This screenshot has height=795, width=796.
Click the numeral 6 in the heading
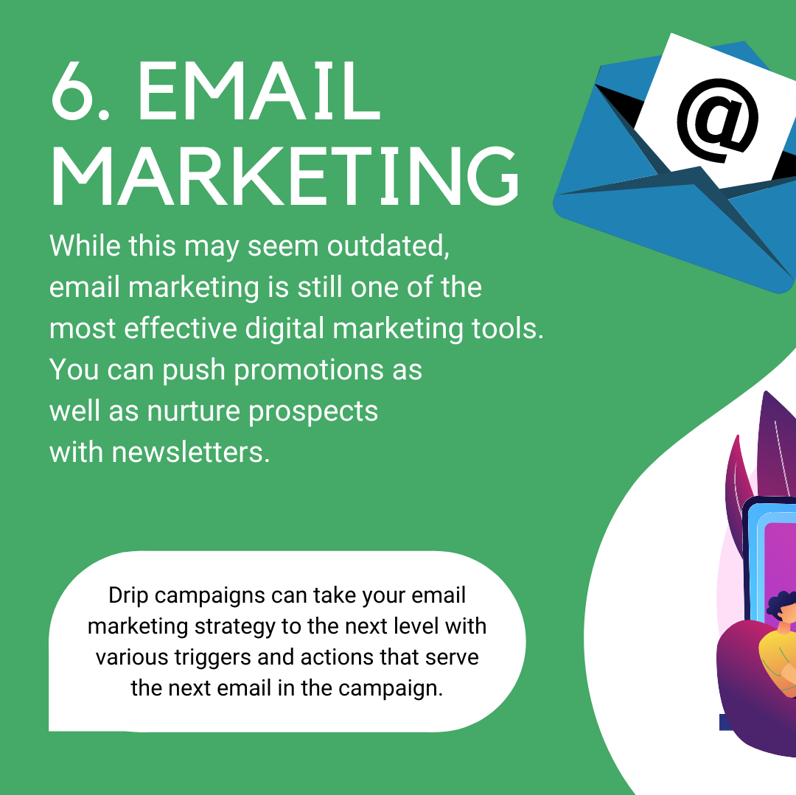point(73,91)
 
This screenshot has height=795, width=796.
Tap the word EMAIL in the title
point(259,91)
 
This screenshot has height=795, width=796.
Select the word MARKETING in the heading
point(284,175)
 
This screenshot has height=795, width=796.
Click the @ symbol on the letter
point(717,121)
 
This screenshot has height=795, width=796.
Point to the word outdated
point(388,245)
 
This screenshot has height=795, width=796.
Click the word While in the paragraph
point(85,245)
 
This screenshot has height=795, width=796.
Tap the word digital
point(284,329)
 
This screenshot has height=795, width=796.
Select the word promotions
point(309,370)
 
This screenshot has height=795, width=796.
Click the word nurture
point(193,411)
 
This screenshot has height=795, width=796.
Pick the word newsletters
point(190,452)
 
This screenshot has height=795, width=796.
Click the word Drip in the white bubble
point(128,595)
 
